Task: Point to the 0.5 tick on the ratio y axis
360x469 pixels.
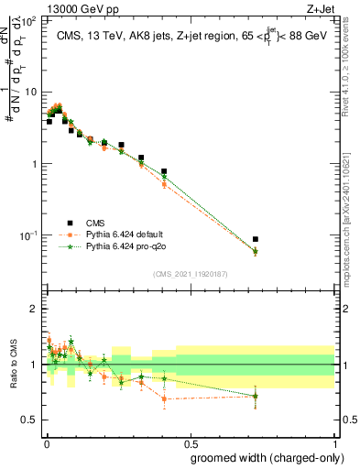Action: pyautogui.click(x=32, y=420)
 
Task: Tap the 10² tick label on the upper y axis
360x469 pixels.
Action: pyautogui.click(x=29, y=20)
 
